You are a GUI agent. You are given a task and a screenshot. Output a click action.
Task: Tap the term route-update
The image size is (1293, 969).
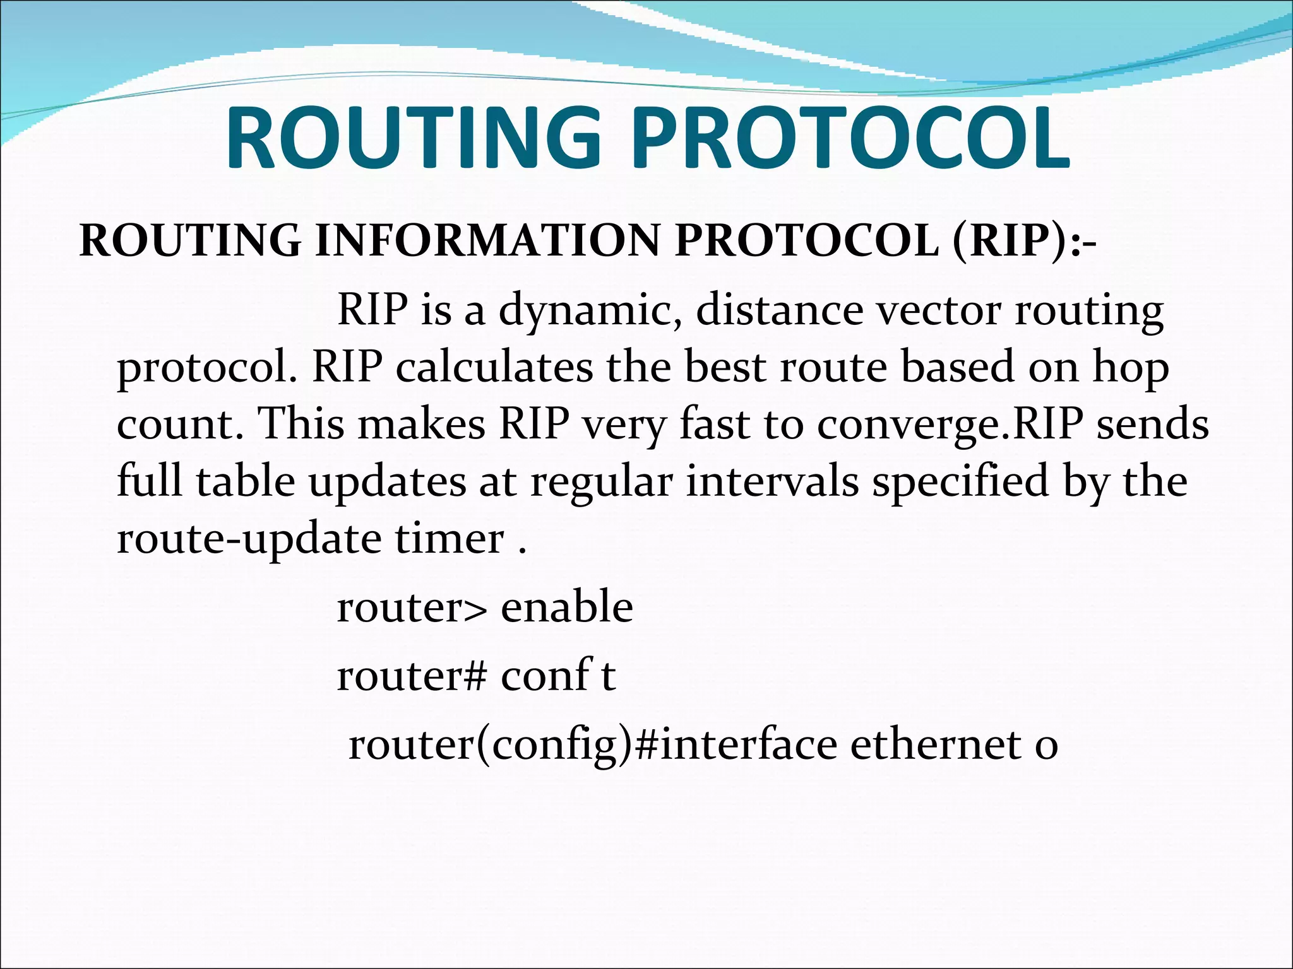(249, 539)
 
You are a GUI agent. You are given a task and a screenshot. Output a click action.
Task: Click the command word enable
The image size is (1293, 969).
(566, 607)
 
